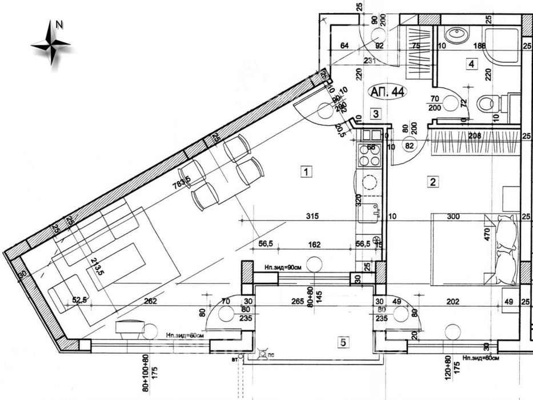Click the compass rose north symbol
[52, 42]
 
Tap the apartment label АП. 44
[387, 93]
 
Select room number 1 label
[307, 171]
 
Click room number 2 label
[433, 182]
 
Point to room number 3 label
[375, 114]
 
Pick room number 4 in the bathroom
[471, 64]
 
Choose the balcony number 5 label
[343, 342]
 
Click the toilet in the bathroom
[487, 103]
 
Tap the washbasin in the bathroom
[457, 35]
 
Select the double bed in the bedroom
[474, 249]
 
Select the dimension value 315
[311, 217]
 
